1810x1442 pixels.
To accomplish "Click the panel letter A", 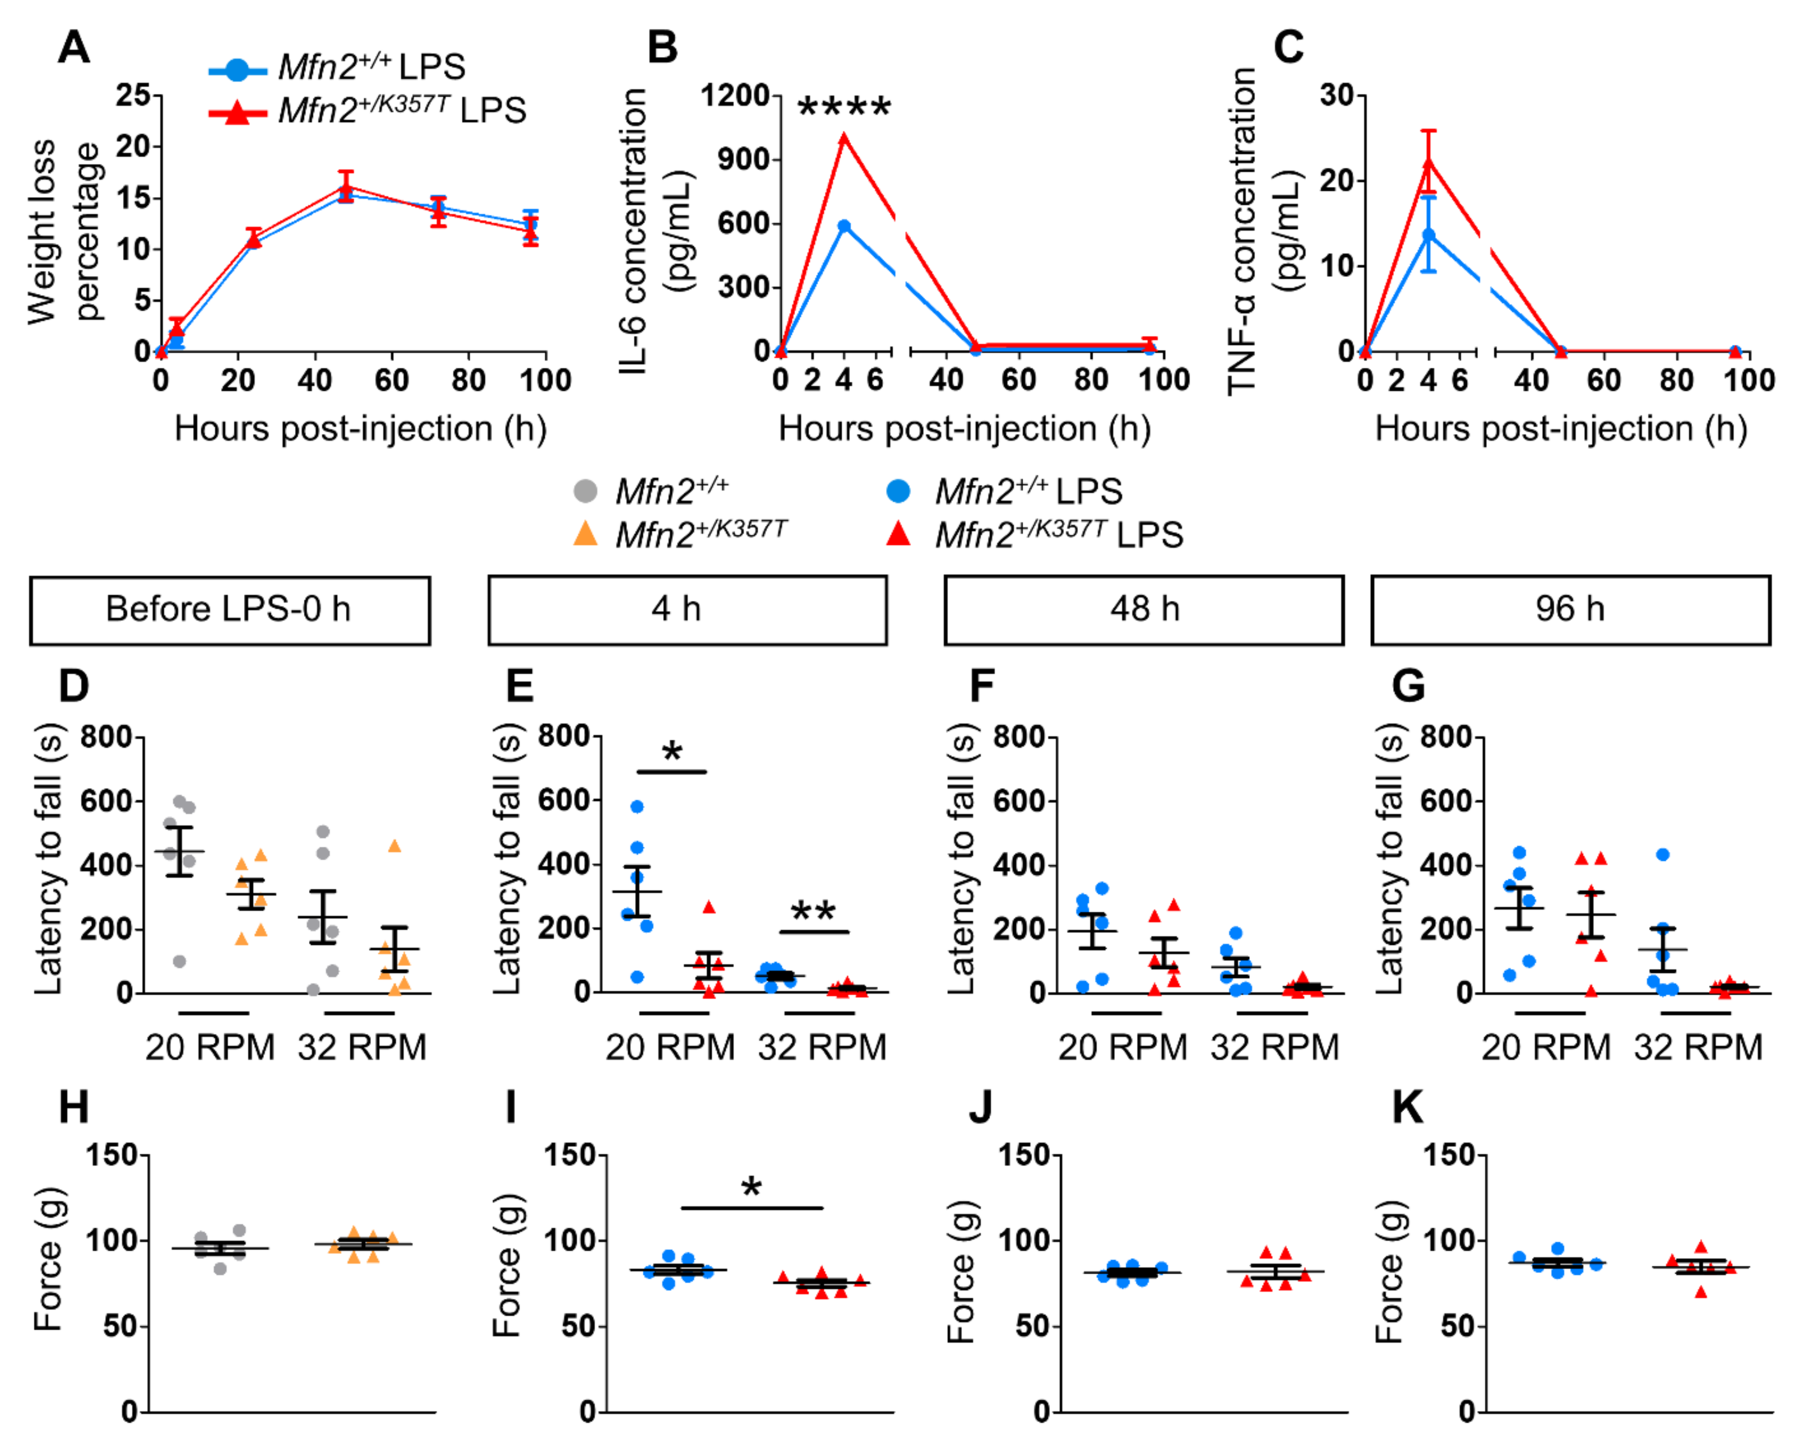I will [74, 47].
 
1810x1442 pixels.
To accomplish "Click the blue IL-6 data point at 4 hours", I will [844, 226].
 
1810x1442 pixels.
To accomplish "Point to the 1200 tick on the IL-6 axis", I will [735, 95].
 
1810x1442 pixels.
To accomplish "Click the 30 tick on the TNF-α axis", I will [1336, 95].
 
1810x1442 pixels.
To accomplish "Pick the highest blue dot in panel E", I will [637, 807].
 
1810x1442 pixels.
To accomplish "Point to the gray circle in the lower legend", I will [585, 491].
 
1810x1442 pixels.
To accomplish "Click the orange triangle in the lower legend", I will [585, 534].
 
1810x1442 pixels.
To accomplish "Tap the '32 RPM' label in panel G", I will [1697, 1047].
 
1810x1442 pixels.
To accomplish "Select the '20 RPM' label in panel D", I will [210, 1047].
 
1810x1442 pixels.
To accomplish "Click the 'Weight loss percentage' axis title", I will [63, 231].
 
